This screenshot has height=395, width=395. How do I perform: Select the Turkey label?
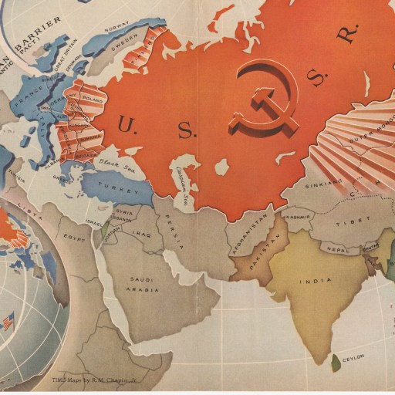coord(120,188)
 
